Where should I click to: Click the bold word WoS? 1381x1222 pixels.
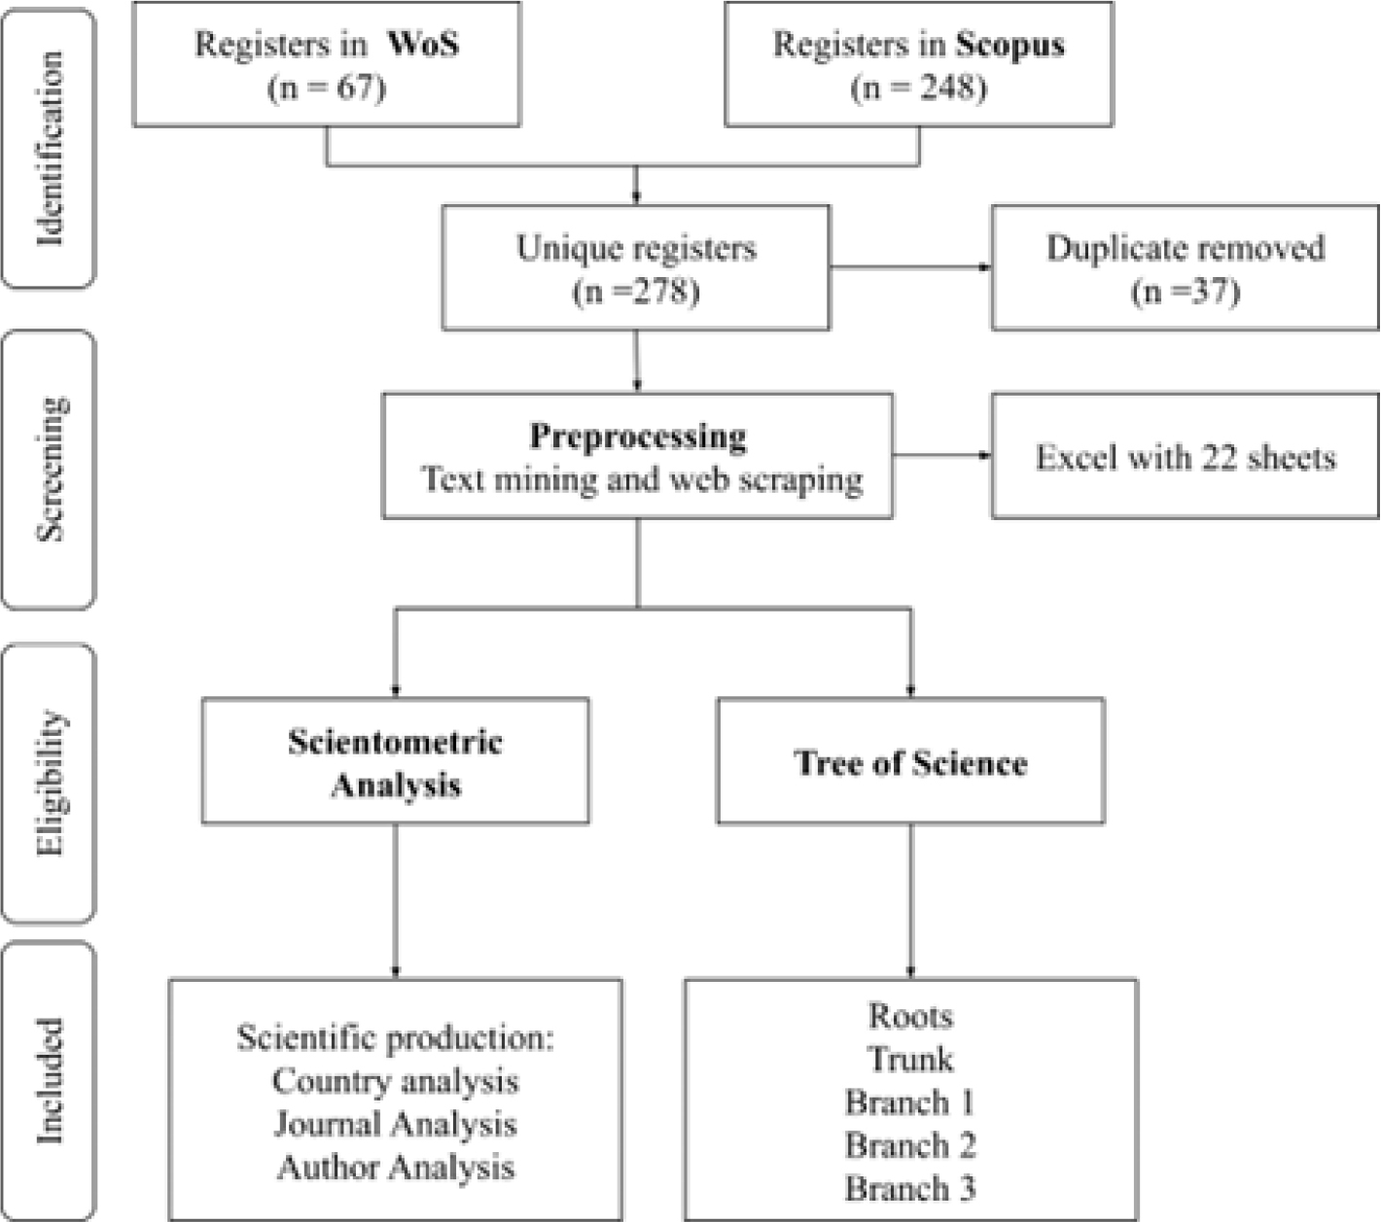[423, 45]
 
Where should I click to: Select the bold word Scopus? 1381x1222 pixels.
[1009, 46]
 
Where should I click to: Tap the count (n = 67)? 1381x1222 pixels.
[327, 87]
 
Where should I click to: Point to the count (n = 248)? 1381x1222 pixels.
[918, 87]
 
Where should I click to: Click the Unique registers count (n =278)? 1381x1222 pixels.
[636, 292]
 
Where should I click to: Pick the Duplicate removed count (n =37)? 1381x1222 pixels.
[1186, 292]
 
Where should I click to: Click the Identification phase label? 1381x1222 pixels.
[50, 148]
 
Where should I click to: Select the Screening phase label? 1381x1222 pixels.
[52, 469]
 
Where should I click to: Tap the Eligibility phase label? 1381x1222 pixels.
[52, 783]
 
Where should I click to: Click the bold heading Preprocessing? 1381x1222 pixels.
[638, 436]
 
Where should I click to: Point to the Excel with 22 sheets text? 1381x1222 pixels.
[1186, 457]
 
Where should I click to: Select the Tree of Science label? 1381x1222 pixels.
[910, 762]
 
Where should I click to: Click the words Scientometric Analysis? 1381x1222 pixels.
[396, 762]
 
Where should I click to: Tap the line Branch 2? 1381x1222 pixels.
[910, 1145]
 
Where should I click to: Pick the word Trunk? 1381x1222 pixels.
[910, 1059]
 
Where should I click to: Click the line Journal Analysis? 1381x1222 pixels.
[396, 1124]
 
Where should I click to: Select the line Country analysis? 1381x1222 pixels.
[396, 1081]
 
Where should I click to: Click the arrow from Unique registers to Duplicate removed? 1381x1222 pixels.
[910, 267]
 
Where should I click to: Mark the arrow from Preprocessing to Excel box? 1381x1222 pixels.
[942, 455]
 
